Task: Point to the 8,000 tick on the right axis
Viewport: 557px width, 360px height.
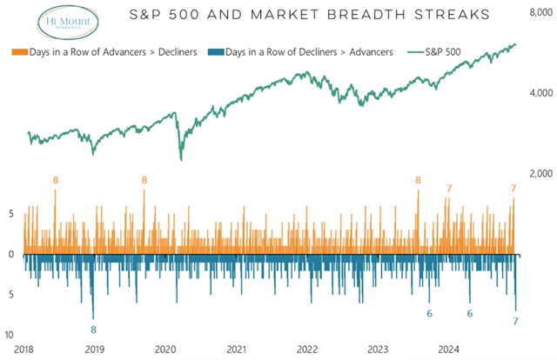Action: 540,10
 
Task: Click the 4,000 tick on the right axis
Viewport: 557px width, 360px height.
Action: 540,92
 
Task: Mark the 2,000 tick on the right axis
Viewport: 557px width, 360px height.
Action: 540,174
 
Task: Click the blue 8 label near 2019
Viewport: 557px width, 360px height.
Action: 94,330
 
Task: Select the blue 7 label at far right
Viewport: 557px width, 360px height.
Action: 516,322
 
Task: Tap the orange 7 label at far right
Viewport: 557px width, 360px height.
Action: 514,188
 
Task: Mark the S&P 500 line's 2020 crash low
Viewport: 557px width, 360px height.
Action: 181,158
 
